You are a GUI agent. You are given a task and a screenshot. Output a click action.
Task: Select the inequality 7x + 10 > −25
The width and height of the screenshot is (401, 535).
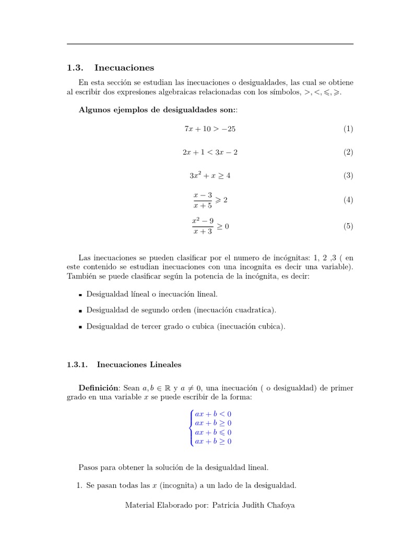point(206,129)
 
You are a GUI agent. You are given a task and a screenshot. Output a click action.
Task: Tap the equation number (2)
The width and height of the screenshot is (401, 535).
point(348,153)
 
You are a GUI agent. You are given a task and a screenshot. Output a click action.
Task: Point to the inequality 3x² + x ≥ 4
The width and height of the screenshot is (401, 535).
point(209,176)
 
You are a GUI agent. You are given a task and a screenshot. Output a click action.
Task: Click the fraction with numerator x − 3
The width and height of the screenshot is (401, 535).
point(203,200)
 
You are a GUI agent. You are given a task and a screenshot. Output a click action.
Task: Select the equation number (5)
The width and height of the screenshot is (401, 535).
point(348,226)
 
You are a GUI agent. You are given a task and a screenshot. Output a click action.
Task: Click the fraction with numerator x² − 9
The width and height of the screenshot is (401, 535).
point(203,226)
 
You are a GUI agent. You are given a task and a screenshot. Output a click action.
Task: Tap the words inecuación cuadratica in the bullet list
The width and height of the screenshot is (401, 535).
point(235,310)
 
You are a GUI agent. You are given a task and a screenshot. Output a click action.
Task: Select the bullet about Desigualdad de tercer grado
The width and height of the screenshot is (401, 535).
point(185,327)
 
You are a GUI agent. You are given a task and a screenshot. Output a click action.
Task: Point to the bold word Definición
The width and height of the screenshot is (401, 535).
point(99,388)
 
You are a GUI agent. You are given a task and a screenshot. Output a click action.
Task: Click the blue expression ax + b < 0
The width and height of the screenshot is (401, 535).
point(213,414)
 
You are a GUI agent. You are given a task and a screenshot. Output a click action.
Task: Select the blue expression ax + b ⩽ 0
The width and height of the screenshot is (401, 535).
point(213,433)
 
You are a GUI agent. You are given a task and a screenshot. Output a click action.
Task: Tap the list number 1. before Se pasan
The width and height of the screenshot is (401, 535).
point(80,485)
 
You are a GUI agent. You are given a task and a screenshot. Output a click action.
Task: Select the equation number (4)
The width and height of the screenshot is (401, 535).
point(348,200)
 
